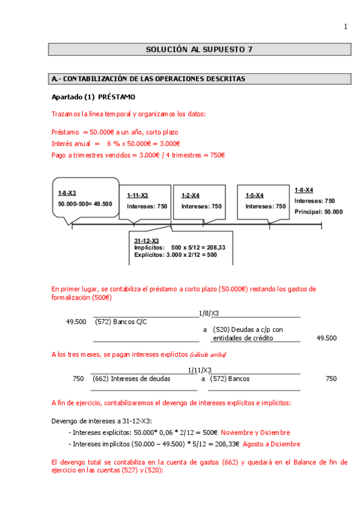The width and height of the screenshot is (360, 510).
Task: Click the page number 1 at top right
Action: pos(346,26)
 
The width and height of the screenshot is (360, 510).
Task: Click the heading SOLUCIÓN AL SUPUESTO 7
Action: pos(199,50)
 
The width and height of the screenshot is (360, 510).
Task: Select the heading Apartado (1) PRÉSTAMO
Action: pos(93,97)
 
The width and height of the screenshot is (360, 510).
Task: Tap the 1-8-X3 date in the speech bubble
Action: pos(67,193)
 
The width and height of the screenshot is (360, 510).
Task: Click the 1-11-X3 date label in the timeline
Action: pos(138,195)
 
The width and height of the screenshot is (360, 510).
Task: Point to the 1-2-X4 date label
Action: pos(191,195)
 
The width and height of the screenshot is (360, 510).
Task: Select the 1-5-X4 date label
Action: pos(254,195)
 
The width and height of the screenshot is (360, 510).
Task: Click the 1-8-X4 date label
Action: pos(304,189)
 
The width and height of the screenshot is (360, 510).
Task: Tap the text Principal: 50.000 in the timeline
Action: pos(319,212)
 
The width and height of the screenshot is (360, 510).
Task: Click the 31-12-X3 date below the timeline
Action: pos(146,241)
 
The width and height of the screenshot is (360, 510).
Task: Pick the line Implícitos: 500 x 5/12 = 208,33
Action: pos(184,247)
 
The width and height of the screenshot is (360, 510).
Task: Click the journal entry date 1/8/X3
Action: pos(209,313)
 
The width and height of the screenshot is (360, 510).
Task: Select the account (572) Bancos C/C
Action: pos(121,322)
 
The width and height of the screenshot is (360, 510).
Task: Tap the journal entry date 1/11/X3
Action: pos(200,370)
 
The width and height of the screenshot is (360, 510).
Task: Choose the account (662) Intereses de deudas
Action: pos(131,379)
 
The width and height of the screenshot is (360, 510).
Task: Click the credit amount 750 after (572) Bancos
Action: pos(331,379)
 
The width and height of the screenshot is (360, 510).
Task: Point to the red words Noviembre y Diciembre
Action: pos(255,432)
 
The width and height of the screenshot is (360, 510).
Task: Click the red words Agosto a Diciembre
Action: pos(272,444)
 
